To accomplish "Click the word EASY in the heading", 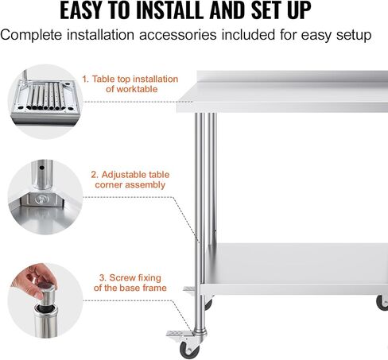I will [89, 12].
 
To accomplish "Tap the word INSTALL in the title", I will [183, 12].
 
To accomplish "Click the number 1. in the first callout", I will [84, 79].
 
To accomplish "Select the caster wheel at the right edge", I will [382, 302].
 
